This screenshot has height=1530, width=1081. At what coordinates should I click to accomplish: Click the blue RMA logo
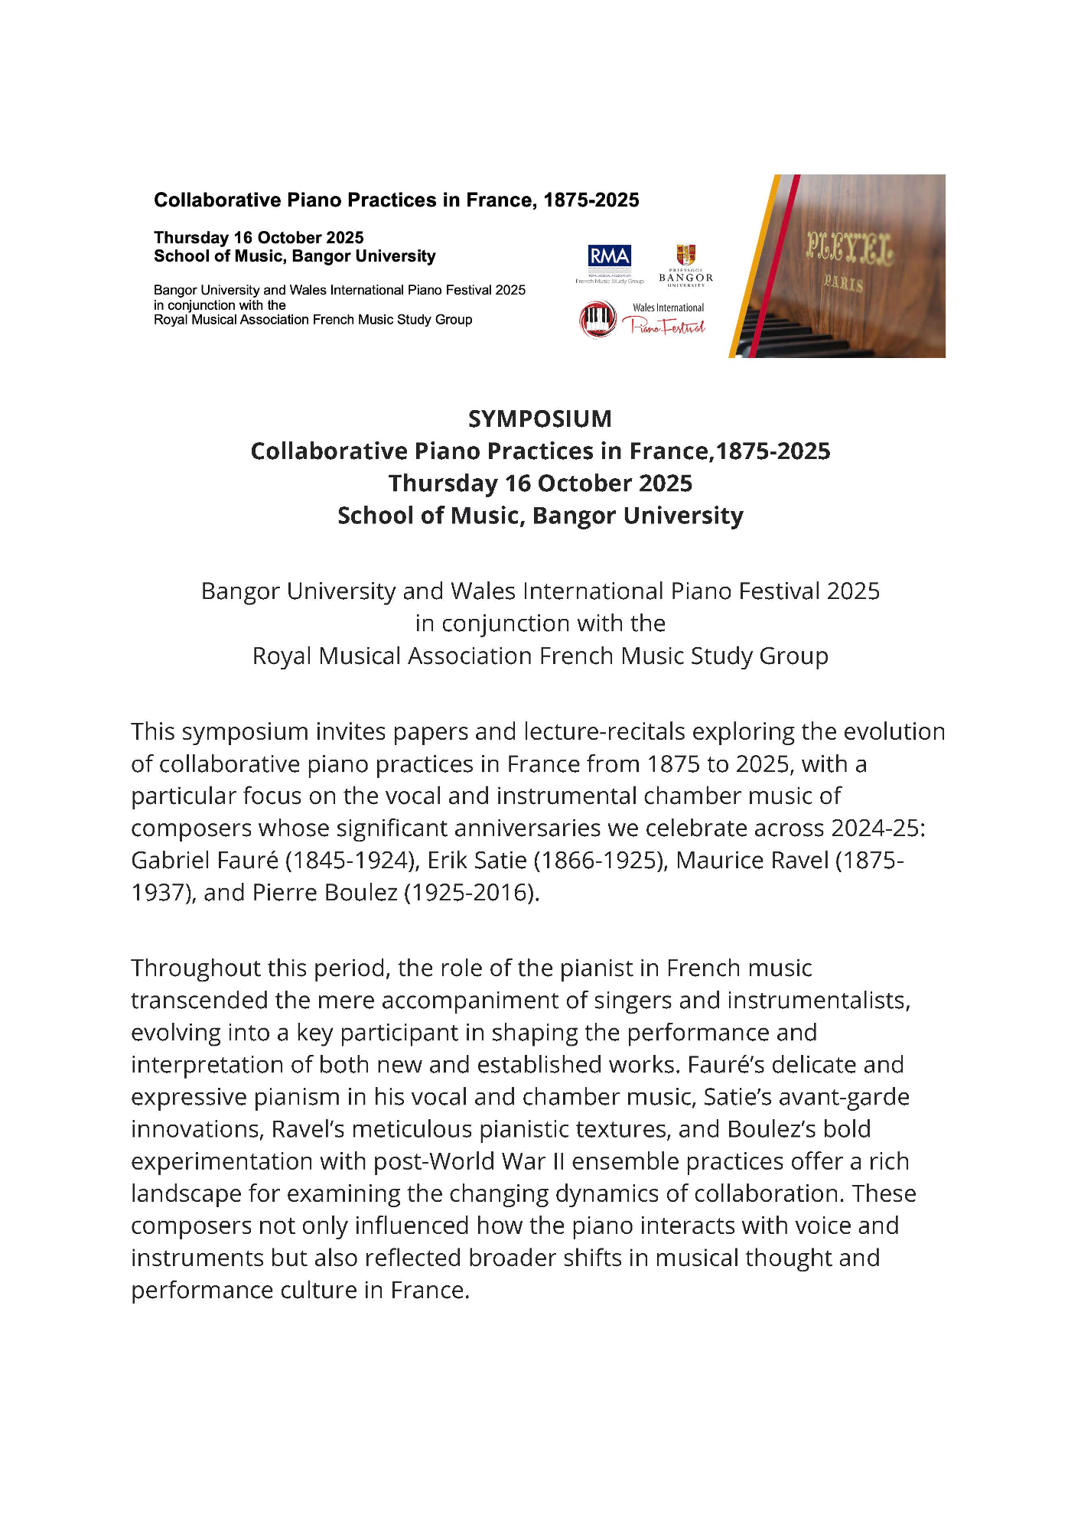(x=609, y=256)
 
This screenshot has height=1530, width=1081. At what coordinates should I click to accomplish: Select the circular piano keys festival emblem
(x=598, y=319)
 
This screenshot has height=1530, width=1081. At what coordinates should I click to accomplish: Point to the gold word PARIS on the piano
(x=843, y=284)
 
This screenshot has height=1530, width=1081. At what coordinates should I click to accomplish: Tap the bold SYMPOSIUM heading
(x=540, y=419)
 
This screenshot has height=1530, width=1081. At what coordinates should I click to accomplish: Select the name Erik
(x=448, y=861)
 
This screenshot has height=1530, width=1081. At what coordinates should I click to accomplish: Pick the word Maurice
(x=723, y=861)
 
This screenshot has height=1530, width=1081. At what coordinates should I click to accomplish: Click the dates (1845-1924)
(x=352, y=861)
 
